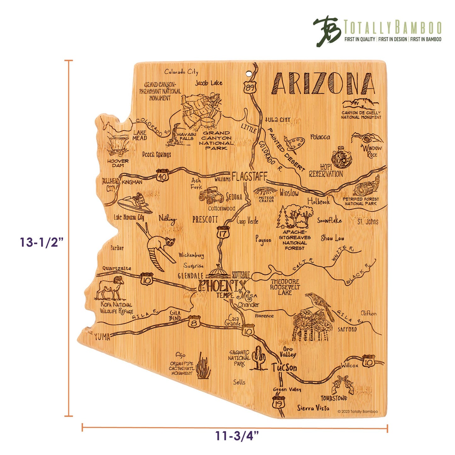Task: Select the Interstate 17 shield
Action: pos(223,233)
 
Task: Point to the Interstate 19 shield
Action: pos(277,403)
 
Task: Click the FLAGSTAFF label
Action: pos(249,177)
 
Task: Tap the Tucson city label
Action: pos(284,367)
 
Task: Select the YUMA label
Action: pos(102,337)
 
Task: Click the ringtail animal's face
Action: pos(170,242)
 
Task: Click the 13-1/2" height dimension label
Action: pos(42,242)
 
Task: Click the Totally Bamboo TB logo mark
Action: pos(327,31)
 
